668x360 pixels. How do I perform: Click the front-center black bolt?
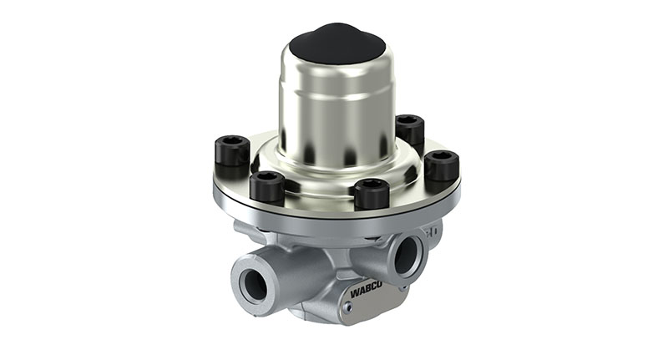pos(371,193)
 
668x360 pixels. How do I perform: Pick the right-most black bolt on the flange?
pos(441,165)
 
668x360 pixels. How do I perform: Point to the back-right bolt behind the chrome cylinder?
pos(409,129)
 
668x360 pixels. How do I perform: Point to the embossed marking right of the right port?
pos(433,233)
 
